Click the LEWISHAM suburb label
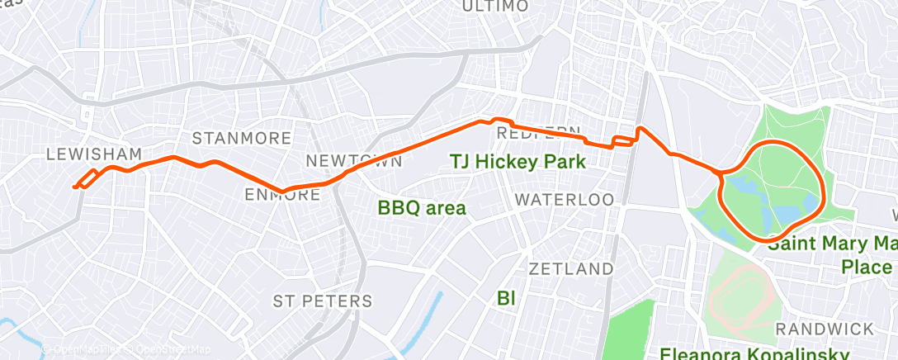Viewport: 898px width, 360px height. [94, 154]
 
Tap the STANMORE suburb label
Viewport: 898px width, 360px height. [242, 137]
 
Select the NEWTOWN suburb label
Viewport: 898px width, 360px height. [354, 160]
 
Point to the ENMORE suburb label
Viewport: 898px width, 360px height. [283, 195]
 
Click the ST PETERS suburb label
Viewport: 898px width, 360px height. [323, 300]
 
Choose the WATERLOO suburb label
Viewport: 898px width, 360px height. [565, 200]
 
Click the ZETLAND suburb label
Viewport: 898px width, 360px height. [571, 269]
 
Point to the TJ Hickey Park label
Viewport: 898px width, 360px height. [518, 162]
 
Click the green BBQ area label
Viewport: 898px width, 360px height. [422, 207]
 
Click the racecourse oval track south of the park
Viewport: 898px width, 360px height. [741, 294]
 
